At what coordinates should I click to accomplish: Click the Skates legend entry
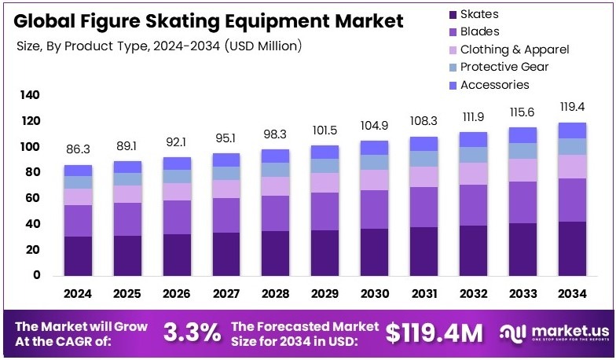(478, 14)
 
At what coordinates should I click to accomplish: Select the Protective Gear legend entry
(504, 67)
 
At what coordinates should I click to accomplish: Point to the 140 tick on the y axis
(29, 95)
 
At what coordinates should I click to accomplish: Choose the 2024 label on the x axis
(78, 294)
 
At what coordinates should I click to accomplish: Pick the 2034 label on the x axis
(572, 294)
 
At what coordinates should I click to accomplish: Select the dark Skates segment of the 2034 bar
(572, 248)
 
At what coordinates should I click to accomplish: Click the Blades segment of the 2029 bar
(324, 211)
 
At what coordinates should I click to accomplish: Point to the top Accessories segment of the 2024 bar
(78, 171)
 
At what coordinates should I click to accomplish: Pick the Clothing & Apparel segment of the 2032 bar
(473, 174)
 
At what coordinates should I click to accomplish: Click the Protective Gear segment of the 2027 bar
(225, 173)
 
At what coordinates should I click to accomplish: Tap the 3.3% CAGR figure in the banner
(192, 333)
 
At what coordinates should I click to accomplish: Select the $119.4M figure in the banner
(434, 333)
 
